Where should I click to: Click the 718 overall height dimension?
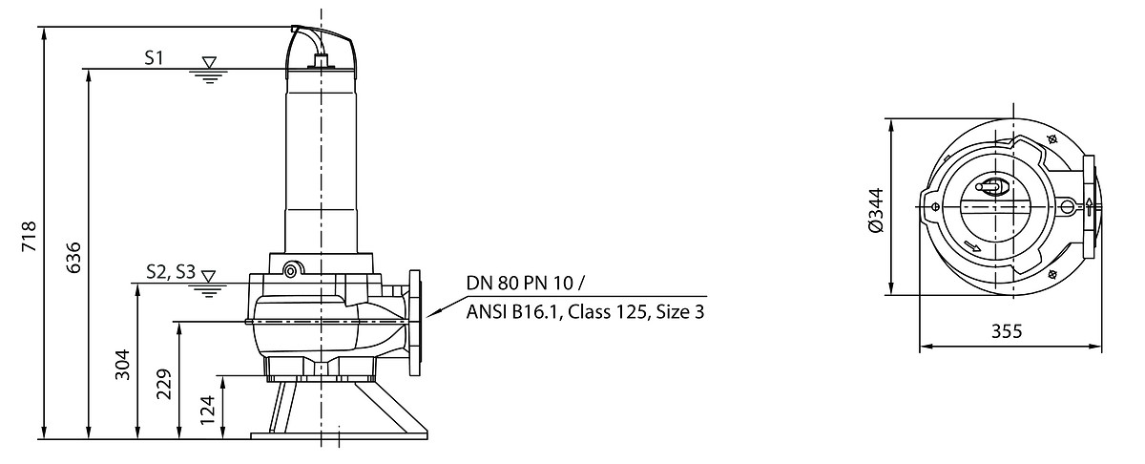pyautogui.click(x=30, y=237)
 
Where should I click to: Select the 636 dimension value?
pyautogui.click(x=73, y=258)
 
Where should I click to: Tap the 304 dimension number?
pyautogui.click(x=122, y=365)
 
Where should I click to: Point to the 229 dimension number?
pyautogui.click(x=163, y=384)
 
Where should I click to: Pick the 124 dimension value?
pyautogui.click(x=207, y=410)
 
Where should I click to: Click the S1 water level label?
pyautogui.click(x=154, y=58)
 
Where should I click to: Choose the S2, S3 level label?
pyautogui.click(x=171, y=272)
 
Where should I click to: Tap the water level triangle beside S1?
pyautogui.click(x=209, y=62)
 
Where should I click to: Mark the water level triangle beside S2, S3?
pyautogui.click(x=208, y=276)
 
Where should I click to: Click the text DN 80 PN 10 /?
pyautogui.click(x=525, y=283)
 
